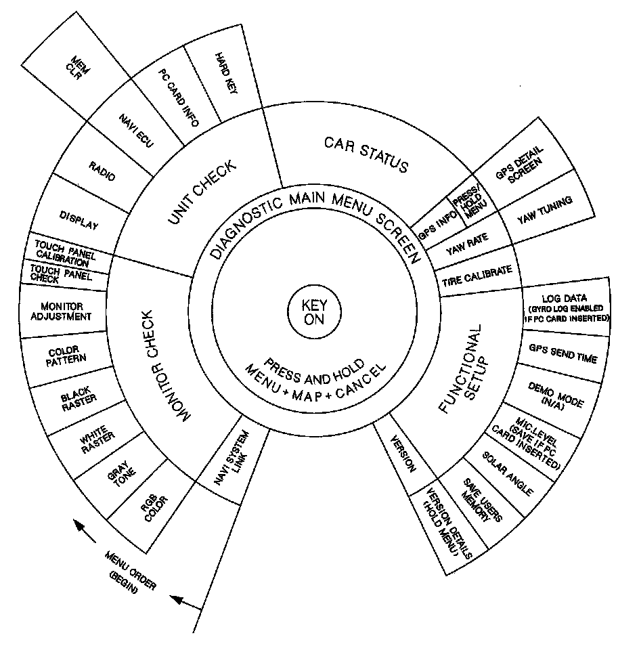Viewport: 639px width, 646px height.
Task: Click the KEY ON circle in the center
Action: [x=313, y=314]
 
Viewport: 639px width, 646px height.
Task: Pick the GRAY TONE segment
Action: [x=121, y=479]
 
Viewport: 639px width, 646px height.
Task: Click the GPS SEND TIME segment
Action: [x=564, y=352]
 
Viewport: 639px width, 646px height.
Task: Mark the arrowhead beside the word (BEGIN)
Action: [x=177, y=598]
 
